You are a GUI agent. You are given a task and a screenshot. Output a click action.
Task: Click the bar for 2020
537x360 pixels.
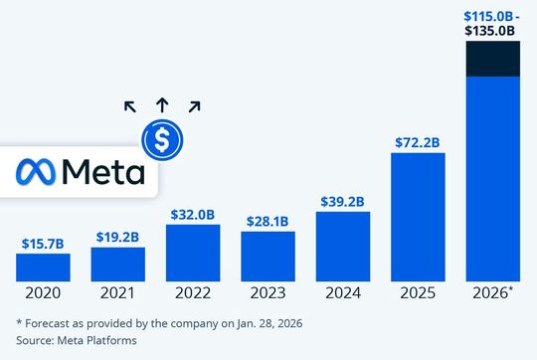[43, 267]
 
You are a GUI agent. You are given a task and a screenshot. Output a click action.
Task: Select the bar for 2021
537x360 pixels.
[117, 264]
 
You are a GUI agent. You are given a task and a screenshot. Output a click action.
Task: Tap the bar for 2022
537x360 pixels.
[193, 253]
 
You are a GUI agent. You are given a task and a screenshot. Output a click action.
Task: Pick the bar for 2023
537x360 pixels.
[268, 256]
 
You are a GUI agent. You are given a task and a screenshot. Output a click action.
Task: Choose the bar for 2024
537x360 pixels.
[342, 246]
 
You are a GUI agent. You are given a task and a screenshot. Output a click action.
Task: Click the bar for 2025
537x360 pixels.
[418, 216]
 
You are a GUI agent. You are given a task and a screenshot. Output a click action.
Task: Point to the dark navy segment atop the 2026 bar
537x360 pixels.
[492, 59]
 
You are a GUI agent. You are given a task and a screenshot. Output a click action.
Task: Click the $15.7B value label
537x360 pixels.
[43, 243]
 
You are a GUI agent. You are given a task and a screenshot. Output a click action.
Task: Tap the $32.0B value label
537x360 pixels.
[193, 214]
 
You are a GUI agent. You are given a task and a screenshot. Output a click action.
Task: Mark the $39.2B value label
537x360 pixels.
[342, 201]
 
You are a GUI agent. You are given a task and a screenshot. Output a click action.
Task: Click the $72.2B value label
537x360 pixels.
[418, 142]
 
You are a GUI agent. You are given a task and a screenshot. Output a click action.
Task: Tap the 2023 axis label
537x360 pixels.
[268, 294]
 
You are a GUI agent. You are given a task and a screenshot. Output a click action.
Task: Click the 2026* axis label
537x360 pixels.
[493, 294]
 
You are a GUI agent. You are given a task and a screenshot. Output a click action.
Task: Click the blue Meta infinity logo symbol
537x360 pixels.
[37, 172]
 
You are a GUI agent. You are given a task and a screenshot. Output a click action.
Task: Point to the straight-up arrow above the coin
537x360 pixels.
[161, 103]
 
